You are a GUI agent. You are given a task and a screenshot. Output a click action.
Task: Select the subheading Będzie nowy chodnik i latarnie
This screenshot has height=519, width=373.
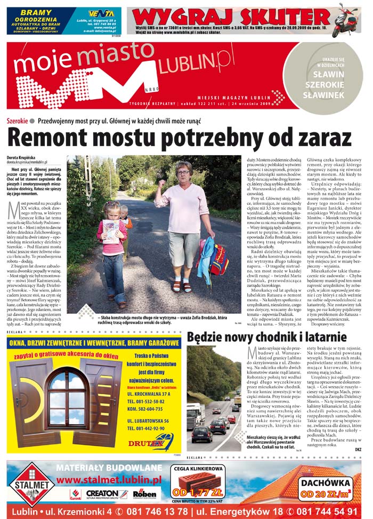coord(266,337)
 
